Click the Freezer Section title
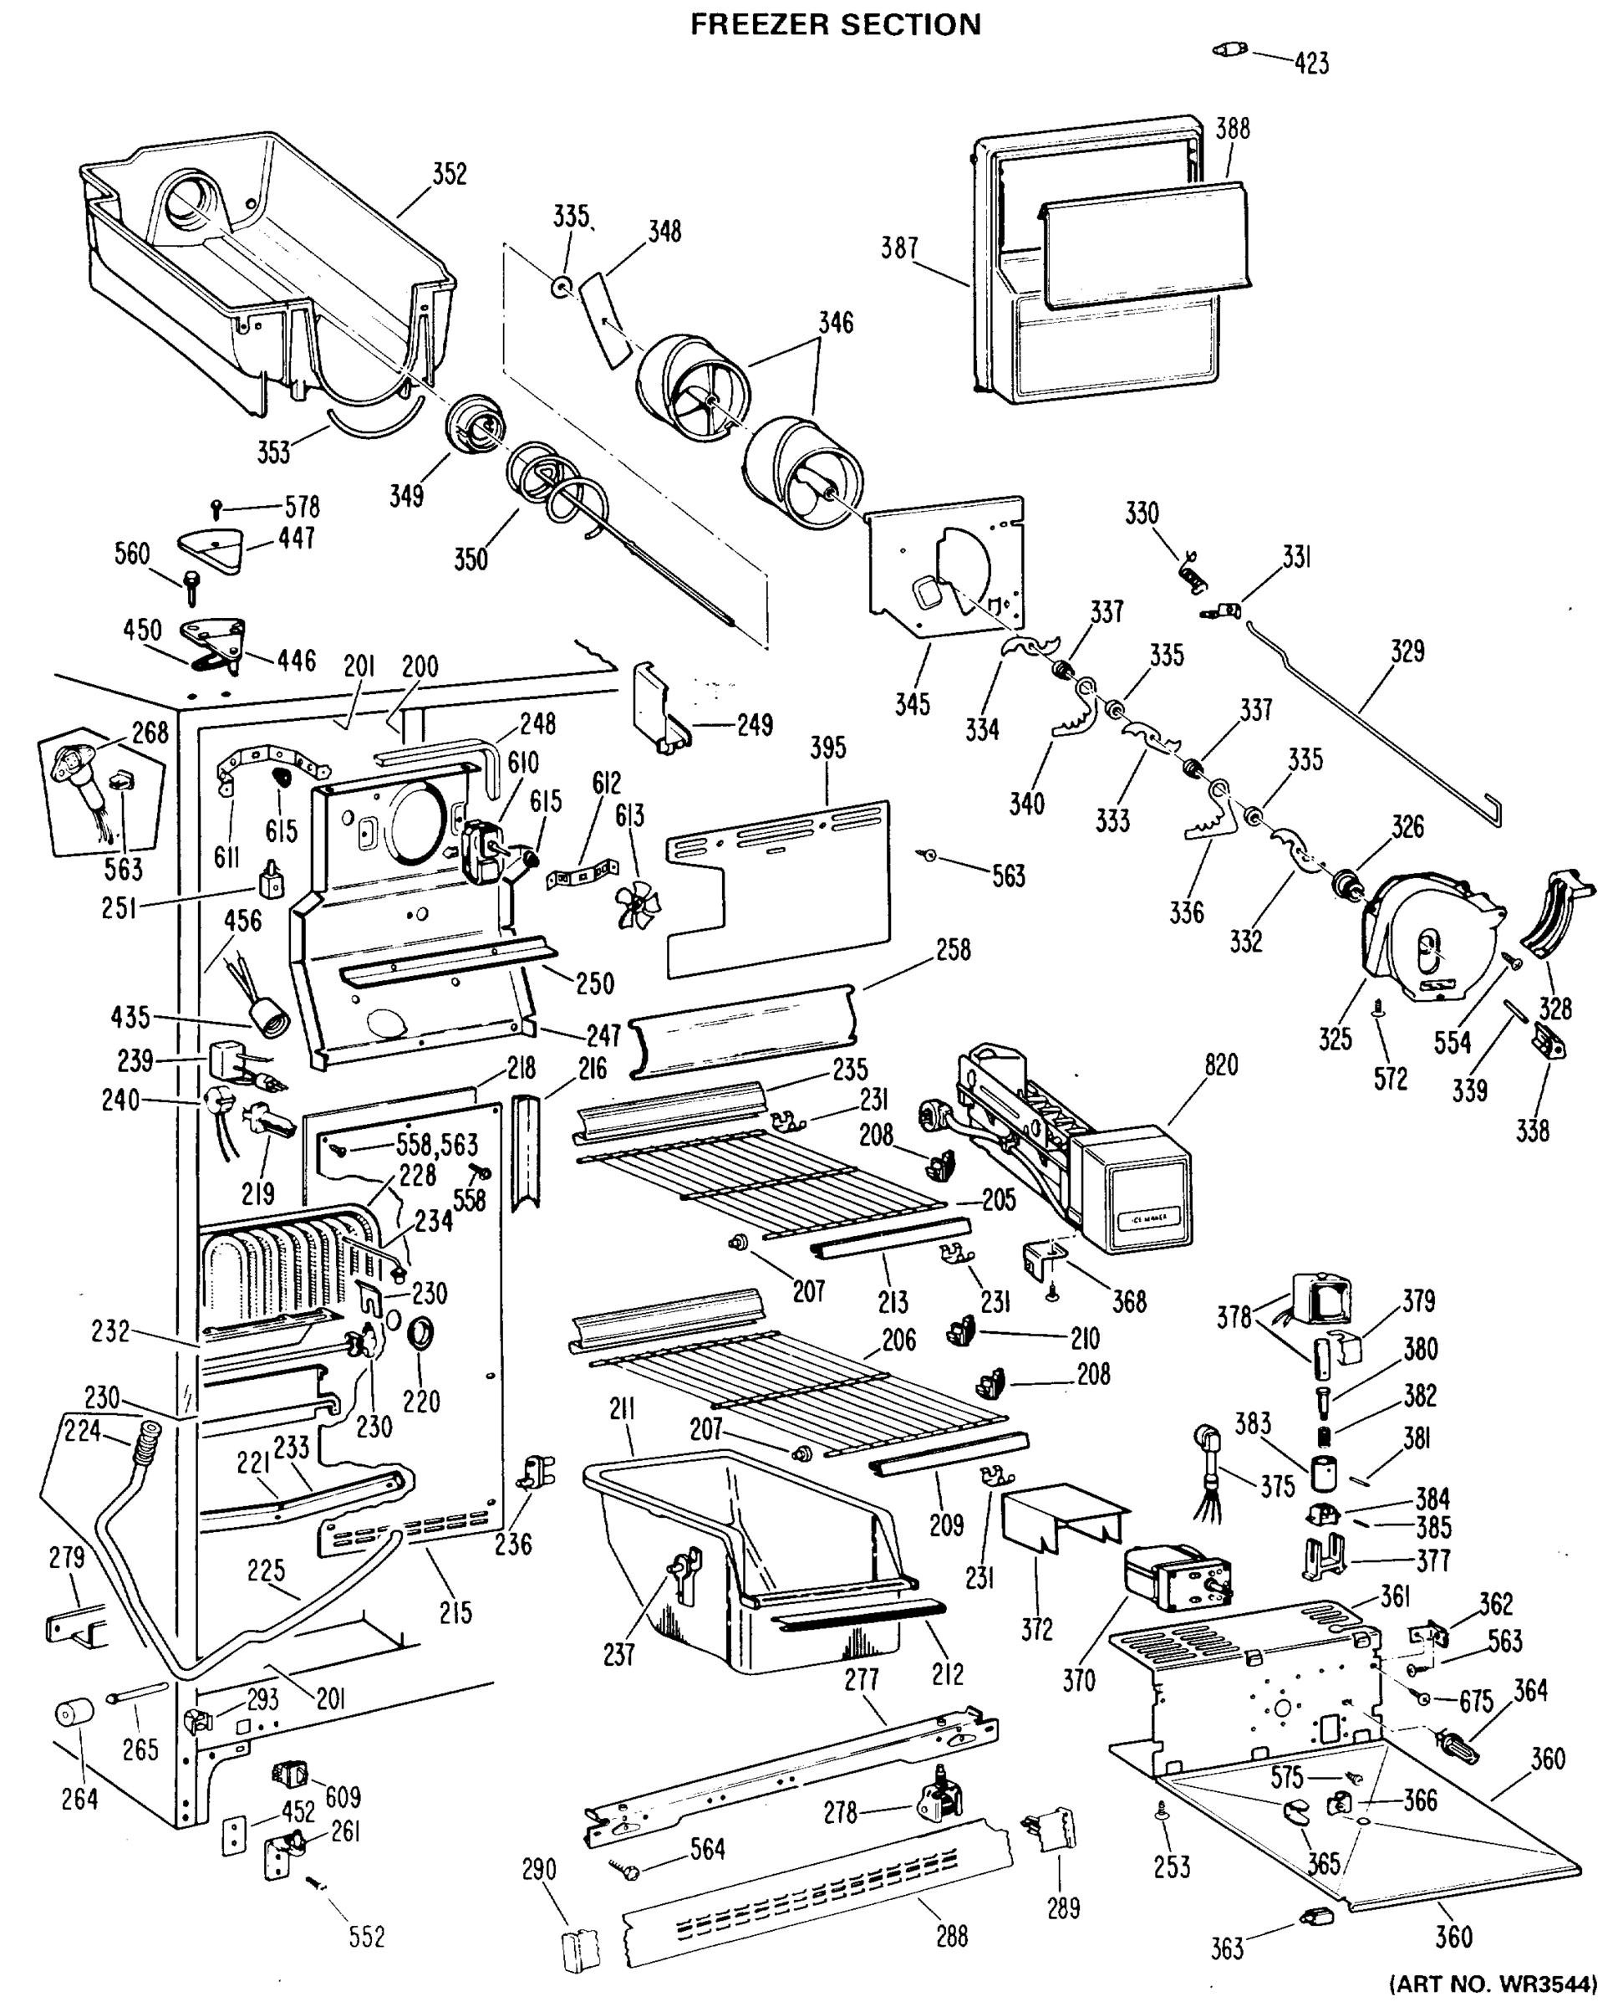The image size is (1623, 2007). tap(835, 24)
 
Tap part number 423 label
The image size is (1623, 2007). tap(1311, 64)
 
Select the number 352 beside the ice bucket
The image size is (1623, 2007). tap(449, 175)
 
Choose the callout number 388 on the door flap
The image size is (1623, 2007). tap(1232, 129)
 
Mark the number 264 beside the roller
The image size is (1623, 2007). tap(79, 1799)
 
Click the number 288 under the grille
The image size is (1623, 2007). tap(952, 1935)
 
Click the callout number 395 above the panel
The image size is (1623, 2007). tap(828, 748)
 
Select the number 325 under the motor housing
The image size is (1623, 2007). tap(1335, 1039)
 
